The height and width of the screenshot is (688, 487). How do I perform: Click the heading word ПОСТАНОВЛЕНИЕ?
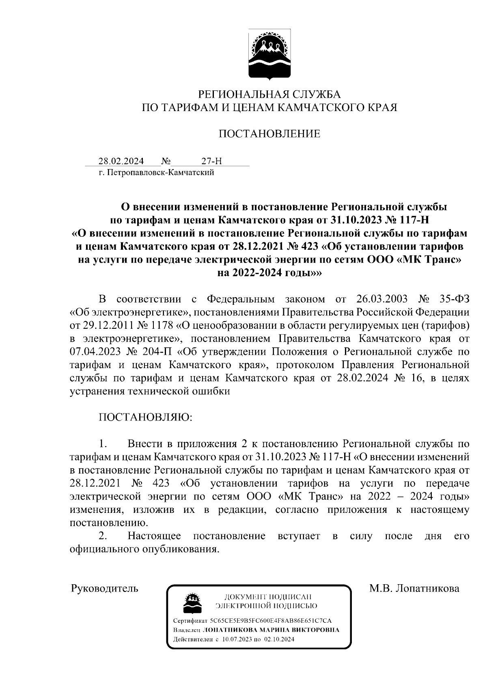269,134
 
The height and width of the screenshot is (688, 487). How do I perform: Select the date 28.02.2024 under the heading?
121,161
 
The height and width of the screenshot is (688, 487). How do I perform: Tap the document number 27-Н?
211,161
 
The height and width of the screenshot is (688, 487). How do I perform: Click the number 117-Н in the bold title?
409,220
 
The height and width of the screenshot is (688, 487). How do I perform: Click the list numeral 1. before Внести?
103,444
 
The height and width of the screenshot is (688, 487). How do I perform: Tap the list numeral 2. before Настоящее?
103,536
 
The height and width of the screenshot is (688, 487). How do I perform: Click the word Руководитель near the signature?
105,588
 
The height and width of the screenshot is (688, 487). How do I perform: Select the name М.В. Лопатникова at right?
414,588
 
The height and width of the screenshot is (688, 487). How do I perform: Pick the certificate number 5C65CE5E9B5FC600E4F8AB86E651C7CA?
271,621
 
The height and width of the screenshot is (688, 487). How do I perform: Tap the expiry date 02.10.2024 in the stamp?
279,639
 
